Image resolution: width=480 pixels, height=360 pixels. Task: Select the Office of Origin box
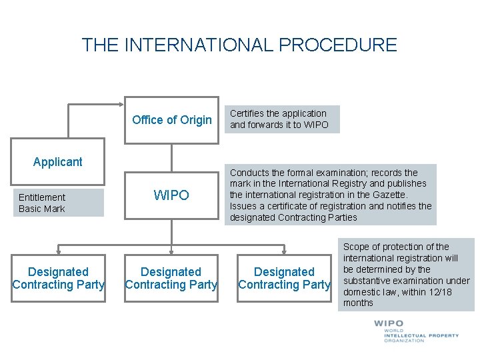click(x=171, y=120)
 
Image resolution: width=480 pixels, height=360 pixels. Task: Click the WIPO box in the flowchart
click(x=171, y=195)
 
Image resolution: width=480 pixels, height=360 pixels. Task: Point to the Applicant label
click(x=58, y=162)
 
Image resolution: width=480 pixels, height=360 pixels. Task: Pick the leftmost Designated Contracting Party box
click(x=58, y=278)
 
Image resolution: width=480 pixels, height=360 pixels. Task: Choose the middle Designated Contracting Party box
click(x=171, y=278)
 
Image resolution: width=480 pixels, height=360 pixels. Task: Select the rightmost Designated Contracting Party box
click(x=285, y=278)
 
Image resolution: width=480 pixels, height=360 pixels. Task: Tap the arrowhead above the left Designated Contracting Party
click(x=58, y=251)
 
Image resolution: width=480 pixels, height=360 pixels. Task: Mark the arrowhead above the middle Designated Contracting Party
click(x=171, y=251)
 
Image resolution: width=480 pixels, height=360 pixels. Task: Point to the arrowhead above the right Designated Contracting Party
click(x=285, y=251)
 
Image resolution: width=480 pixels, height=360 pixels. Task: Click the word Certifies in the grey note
click(x=248, y=113)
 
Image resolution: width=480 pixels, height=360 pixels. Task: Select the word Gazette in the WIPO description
click(x=390, y=195)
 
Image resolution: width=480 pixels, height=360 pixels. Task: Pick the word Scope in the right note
click(x=356, y=247)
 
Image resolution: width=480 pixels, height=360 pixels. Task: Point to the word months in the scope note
click(x=358, y=303)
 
